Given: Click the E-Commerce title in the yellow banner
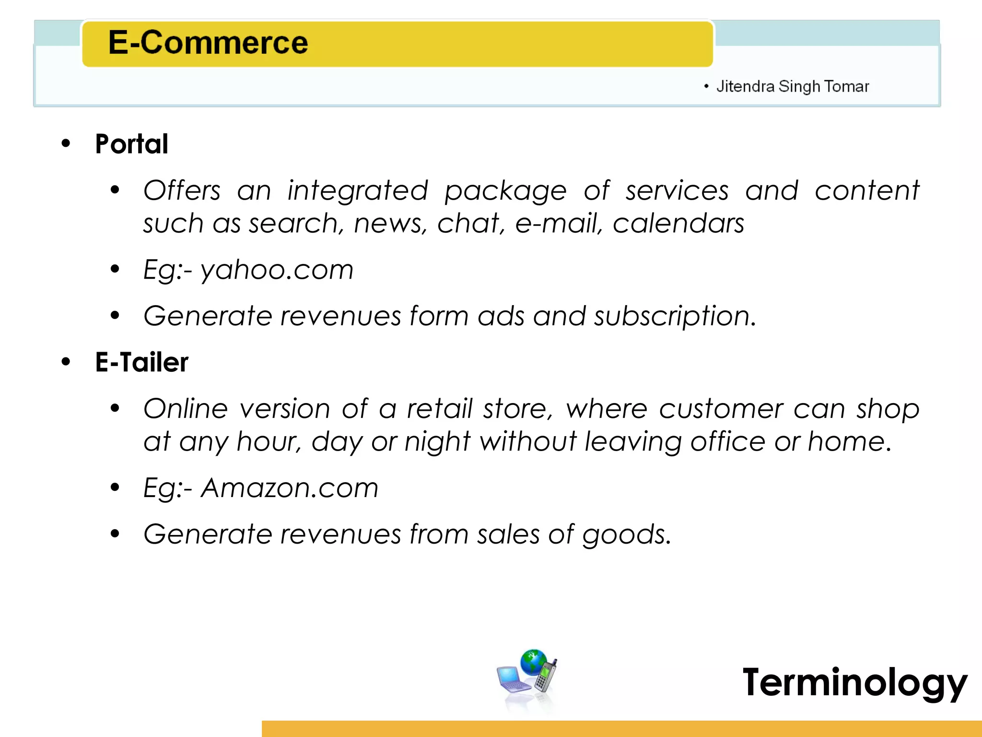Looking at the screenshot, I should [x=208, y=42].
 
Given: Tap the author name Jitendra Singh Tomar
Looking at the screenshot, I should [x=792, y=86].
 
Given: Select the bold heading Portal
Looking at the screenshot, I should [x=132, y=144].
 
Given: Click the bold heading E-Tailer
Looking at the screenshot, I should [x=141, y=362].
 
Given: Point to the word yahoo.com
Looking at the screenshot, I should [x=277, y=270].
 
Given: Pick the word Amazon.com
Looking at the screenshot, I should [x=289, y=488].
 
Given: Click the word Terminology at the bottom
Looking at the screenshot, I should [x=854, y=682].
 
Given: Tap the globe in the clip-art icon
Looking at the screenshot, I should [x=533, y=662].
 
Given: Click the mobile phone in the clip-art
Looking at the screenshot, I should [x=546, y=676].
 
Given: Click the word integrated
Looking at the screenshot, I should [x=357, y=190].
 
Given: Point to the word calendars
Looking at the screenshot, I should [x=678, y=224].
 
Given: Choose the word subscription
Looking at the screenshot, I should [x=675, y=316].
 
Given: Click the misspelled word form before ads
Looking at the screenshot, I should [x=432, y=316].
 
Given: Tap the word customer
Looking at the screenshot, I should [x=720, y=409].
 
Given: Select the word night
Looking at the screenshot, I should [x=437, y=441].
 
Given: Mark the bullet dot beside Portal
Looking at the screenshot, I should [x=66, y=143].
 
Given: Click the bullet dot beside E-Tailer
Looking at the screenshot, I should [x=66, y=362].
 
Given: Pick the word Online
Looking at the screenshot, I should [x=186, y=409].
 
